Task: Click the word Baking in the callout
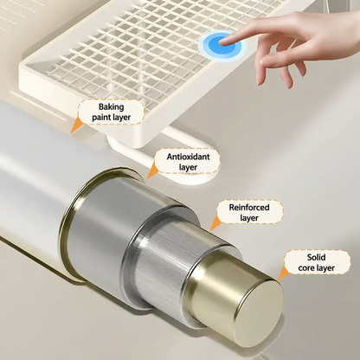(x=112, y=107)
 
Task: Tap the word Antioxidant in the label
(x=189, y=157)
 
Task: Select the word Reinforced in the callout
(x=249, y=208)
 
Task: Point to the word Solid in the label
(x=316, y=257)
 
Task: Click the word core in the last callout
(x=307, y=268)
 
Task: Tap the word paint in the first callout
(x=101, y=118)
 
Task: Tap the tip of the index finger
(x=220, y=42)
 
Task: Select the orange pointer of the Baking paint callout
(x=76, y=125)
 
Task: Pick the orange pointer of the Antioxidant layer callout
(x=152, y=170)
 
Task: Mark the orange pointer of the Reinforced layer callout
(x=215, y=223)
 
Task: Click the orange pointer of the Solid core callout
(x=283, y=273)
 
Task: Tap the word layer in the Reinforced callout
(x=249, y=218)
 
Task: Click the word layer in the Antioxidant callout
(x=188, y=168)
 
